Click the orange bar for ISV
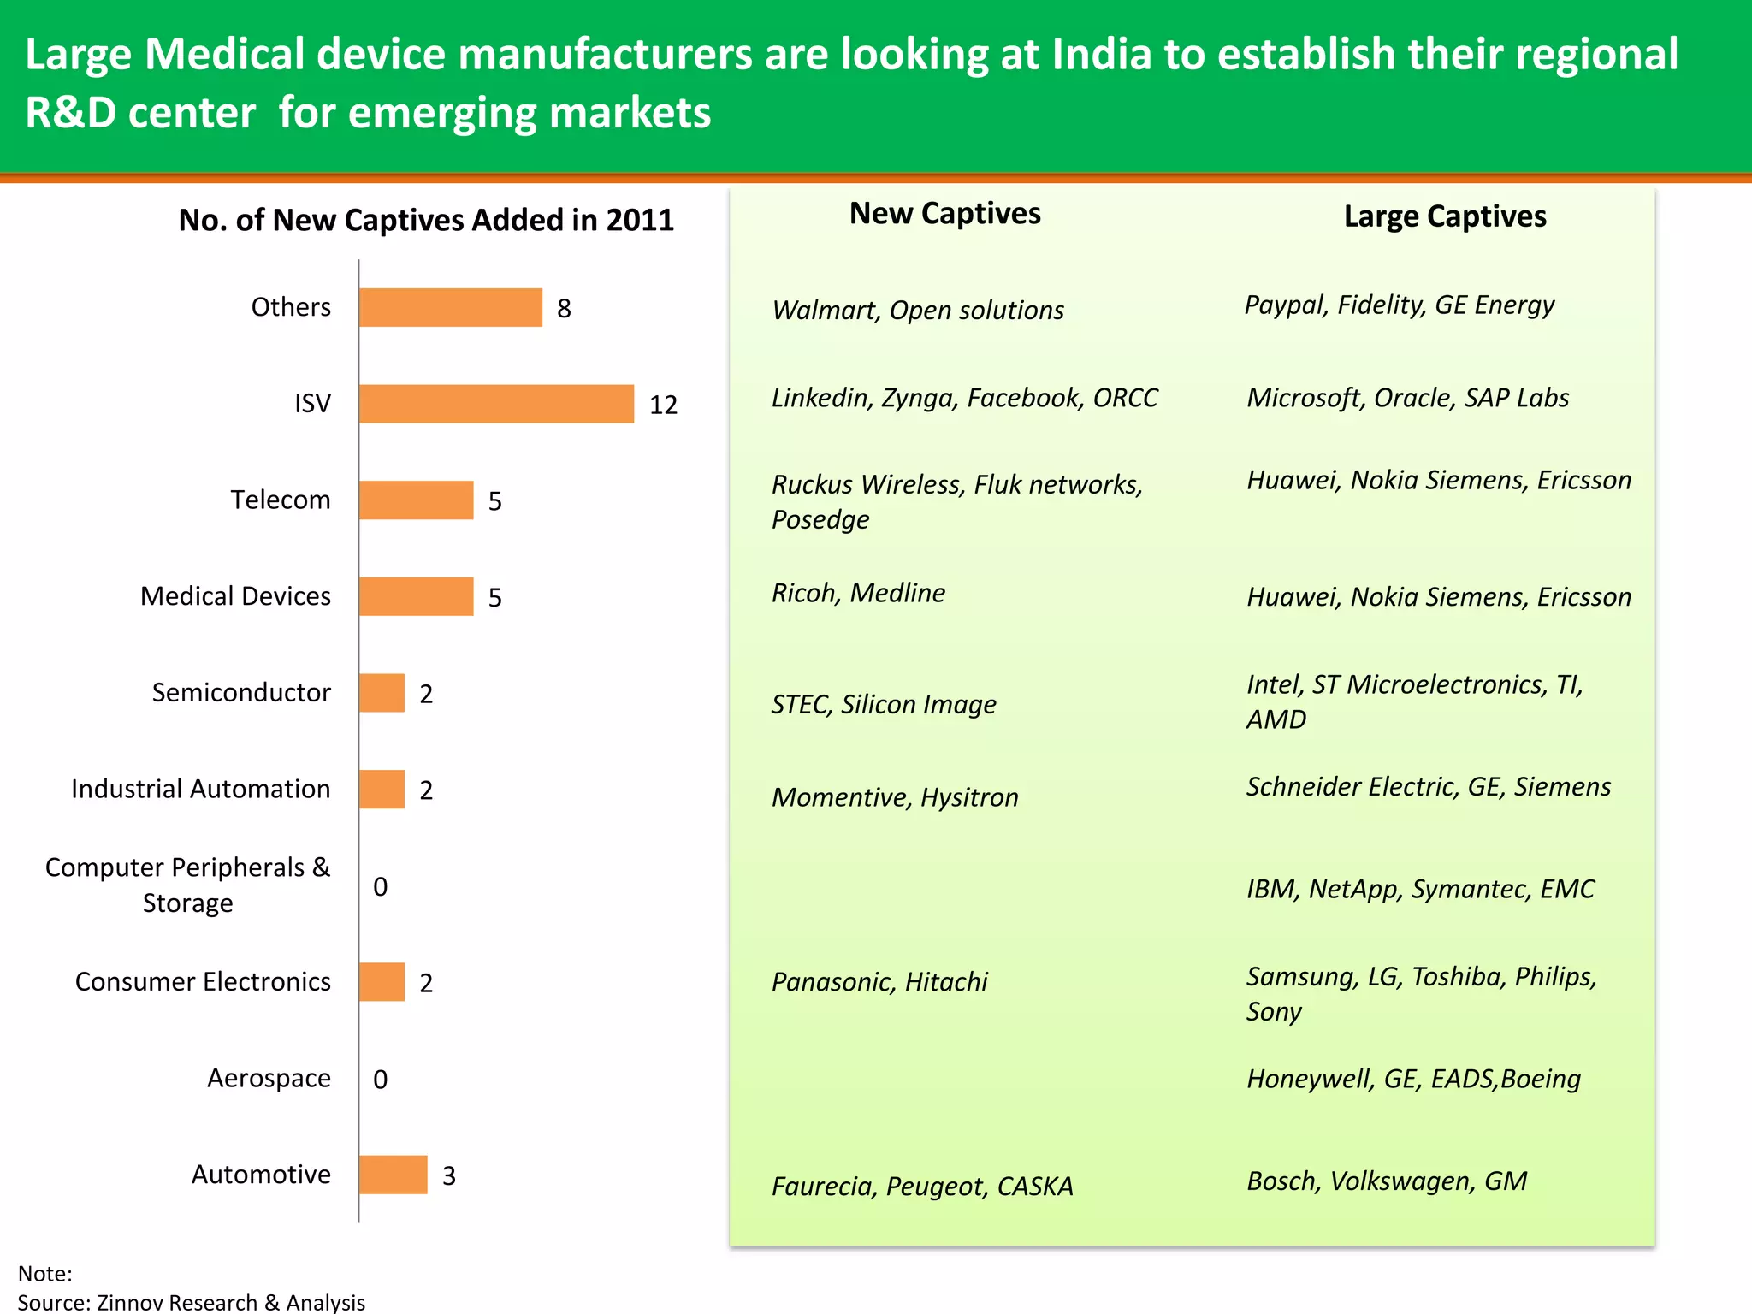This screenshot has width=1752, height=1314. pos(496,404)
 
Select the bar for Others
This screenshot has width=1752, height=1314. pos(451,308)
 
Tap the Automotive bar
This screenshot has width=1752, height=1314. pos(393,1175)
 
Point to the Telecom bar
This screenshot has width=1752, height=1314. pos(416,500)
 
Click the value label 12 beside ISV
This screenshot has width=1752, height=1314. pos(663,405)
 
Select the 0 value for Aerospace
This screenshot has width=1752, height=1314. pos(381,1080)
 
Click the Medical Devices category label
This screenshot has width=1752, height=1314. pos(235,596)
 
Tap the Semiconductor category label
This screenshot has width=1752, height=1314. pos(241,692)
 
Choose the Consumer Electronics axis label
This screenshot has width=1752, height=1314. pos(203,981)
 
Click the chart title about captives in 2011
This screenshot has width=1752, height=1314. pos(426,220)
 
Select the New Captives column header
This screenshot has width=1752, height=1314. pos(944,213)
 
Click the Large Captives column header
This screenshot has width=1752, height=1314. pos(1445,216)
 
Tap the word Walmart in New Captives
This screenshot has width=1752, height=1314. pos(825,310)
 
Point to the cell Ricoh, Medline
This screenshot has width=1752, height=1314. pos(858,593)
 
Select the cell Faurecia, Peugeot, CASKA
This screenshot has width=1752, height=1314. pos(922,1187)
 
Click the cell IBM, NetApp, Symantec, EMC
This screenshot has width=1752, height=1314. pos(1420,889)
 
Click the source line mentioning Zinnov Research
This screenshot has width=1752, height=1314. pos(192,1302)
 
